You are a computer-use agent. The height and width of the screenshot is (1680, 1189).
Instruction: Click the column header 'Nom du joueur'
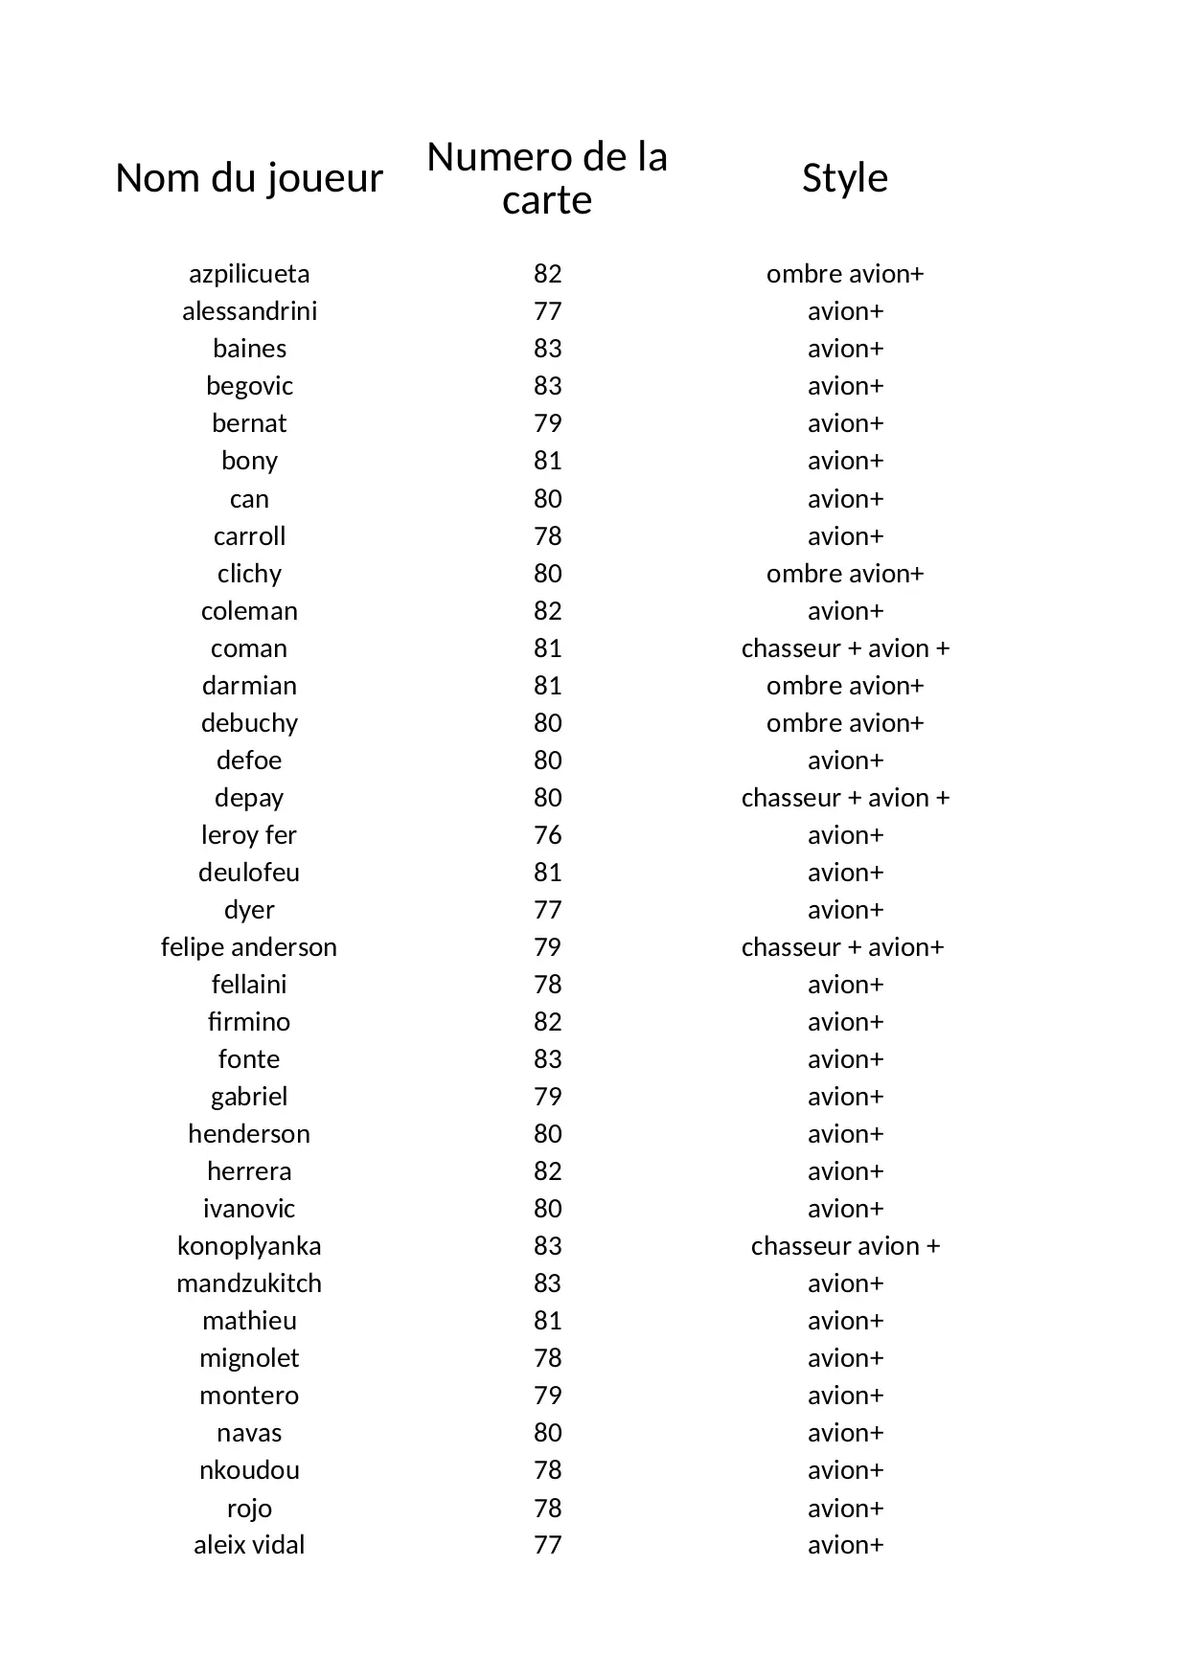pos(249,178)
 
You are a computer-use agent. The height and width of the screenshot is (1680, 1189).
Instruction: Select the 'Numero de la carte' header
pos(547,178)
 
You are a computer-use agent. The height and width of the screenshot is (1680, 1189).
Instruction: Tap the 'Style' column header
pos(845,178)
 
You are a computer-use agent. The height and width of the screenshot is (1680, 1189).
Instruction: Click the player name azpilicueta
pos(249,274)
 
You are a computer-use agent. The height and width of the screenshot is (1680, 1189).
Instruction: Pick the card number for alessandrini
pos(547,311)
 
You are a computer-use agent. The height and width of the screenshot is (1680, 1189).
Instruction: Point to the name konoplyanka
pos(249,1246)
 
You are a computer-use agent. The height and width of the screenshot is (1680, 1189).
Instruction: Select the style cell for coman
pos(845,648)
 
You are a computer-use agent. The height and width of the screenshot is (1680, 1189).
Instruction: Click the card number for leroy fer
pos(547,835)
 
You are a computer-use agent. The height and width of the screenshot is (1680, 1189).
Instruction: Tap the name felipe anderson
pos(249,947)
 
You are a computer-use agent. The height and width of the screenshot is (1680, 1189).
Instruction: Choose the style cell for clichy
pos(845,574)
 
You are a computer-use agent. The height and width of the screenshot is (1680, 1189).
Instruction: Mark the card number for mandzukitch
pos(547,1283)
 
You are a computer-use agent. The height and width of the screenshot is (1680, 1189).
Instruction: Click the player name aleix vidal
pos(249,1545)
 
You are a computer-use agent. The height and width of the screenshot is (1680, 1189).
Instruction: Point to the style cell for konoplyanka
pos(845,1246)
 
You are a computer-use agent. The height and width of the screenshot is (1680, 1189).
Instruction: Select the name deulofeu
pos(249,873)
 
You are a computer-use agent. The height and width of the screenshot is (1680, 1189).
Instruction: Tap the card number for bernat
pos(547,423)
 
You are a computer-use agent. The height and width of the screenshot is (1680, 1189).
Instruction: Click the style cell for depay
pos(845,798)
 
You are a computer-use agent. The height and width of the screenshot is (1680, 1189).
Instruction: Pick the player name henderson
pos(249,1134)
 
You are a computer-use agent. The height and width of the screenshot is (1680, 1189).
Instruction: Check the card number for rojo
pos(547,1508)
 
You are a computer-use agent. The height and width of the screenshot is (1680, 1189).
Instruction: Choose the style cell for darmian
pos(845,686)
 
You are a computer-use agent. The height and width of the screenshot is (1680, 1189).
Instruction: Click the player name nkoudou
pos(249,1470)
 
